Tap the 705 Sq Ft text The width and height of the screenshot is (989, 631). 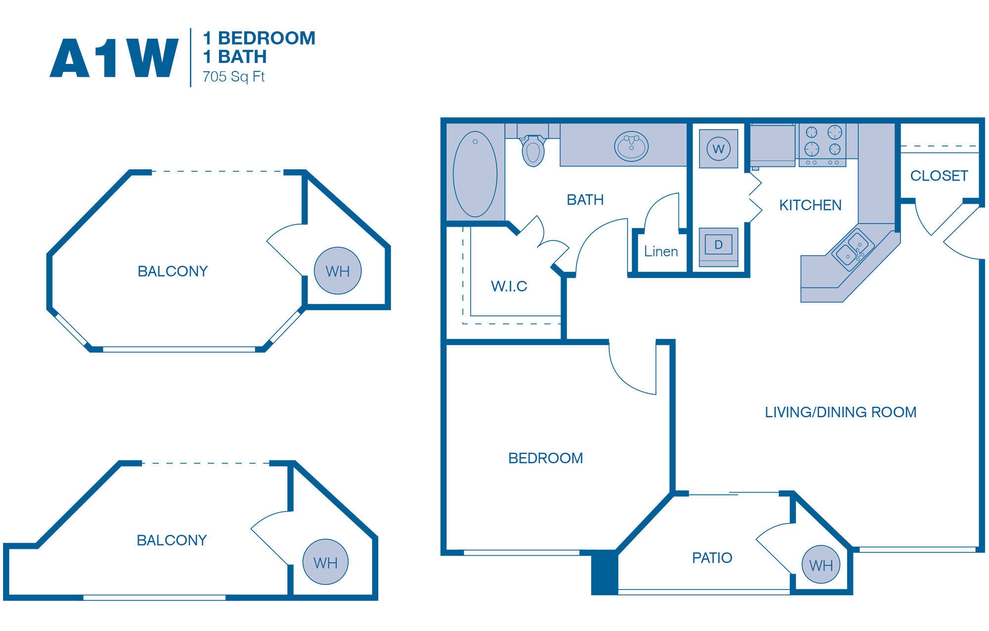coord(233,77)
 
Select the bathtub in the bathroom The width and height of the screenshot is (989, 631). coord(475,174)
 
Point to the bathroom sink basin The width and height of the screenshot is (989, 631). coord(631,146)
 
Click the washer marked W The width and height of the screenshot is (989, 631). coord(719,148)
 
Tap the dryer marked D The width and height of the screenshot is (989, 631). coord(719,245)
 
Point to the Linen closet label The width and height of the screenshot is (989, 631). coord(661,251)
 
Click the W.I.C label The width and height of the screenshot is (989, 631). coord(509,286)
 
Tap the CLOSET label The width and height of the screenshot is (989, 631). coord(939,176)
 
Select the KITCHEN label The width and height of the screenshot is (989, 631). coord(810,205)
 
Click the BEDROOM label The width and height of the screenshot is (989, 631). coord(545,458)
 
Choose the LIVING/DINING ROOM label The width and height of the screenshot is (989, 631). coord(840,412)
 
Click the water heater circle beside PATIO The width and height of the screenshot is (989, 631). coord(821,565)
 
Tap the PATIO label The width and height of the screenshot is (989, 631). coord(712,558)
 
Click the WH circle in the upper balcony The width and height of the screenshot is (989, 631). coord(338,271)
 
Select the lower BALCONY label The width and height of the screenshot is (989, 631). coord(172,540)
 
